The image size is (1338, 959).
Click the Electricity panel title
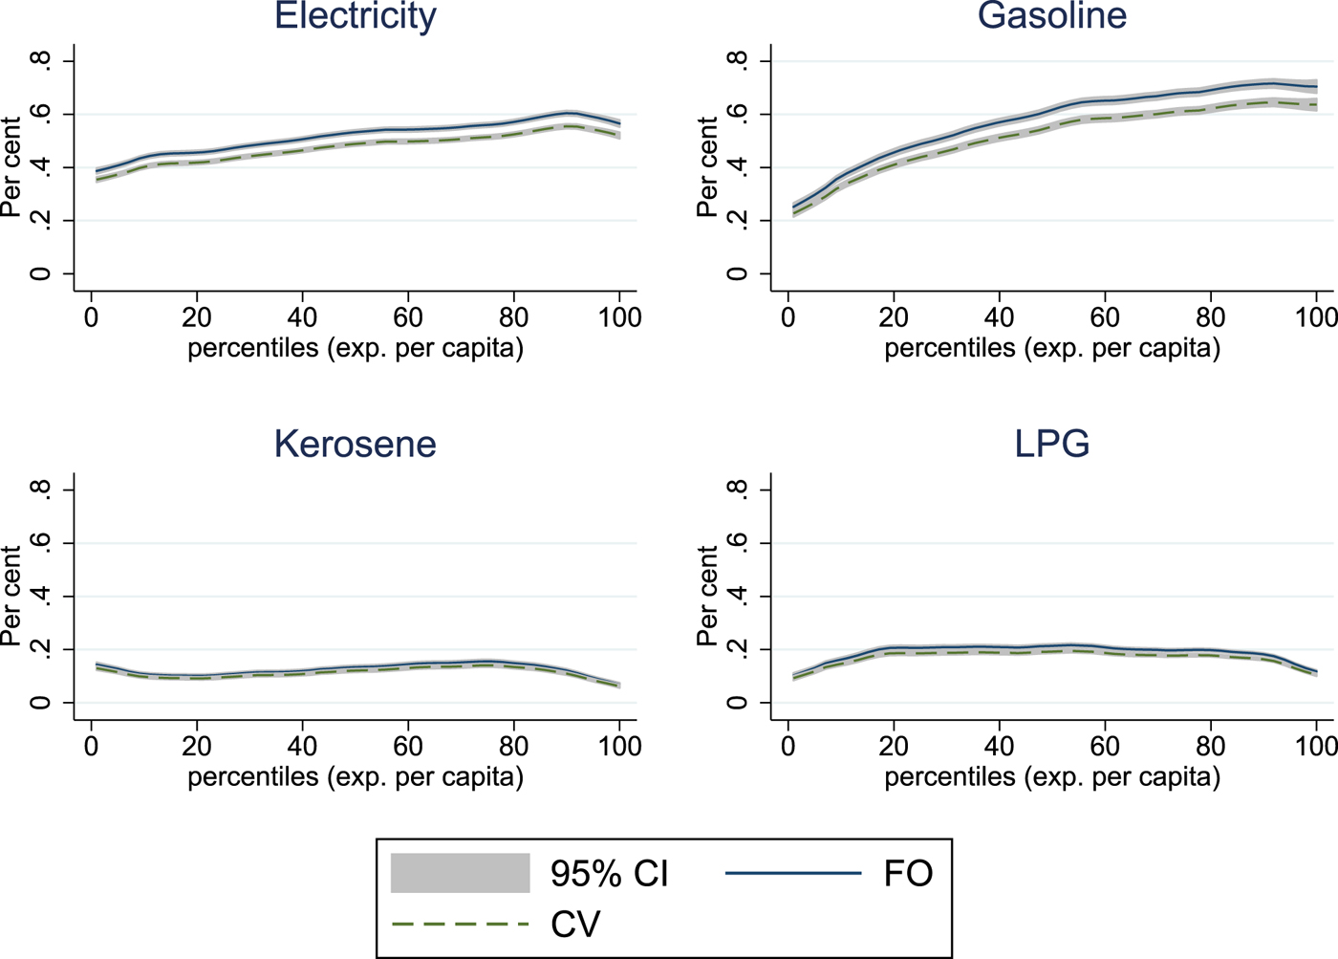point(356,16)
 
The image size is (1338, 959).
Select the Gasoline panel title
point(1051,16)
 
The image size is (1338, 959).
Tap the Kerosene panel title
point(356,445)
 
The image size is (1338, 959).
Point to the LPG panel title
point(1051,445)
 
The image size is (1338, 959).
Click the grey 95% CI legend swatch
point(461,873)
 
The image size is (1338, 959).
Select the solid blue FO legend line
point(793,873)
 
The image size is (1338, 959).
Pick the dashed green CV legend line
point(461,925)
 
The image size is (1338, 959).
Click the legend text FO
point(908,873)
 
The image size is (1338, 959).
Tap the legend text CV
point(575,925)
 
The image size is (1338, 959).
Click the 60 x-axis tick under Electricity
point(408,316)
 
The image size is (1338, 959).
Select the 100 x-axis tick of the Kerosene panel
point(619,745)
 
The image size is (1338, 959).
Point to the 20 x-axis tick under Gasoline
point(894,316)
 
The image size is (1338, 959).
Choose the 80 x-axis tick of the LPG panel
point(1211,745)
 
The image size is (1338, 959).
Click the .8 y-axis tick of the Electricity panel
point(40,61)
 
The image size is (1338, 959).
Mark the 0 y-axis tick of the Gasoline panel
point(737,274)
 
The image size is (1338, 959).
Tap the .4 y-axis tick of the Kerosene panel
point(40,597)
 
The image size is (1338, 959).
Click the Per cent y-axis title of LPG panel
point(707,597)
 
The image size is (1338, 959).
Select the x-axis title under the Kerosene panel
point(356,776)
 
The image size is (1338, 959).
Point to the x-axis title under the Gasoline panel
point(1051,348)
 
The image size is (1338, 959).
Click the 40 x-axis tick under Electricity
point(303,316)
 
